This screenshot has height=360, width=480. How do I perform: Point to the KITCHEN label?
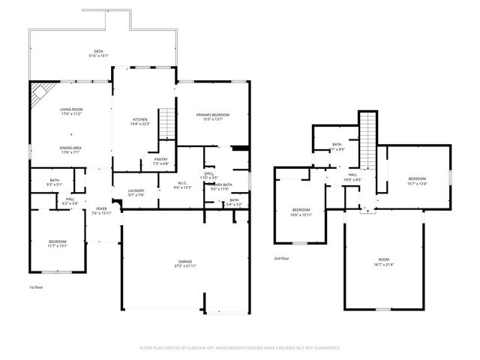click(x=140, y=121)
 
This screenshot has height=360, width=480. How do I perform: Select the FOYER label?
click(x=100, y=210)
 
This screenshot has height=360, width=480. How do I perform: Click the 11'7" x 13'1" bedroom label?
click(x=58, y=243)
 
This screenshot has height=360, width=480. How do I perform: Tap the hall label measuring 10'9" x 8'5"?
click(x=352, y=177)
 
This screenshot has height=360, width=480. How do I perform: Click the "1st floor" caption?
click(x=37, y=287)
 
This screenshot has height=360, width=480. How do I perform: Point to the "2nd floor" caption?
click(x=282, y=258)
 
